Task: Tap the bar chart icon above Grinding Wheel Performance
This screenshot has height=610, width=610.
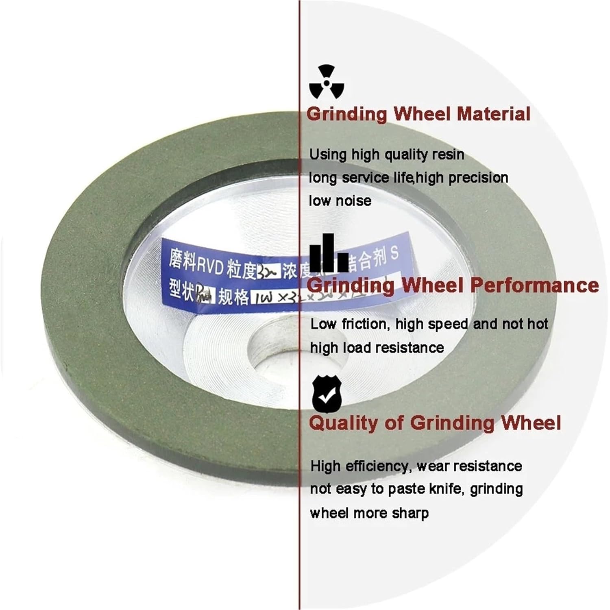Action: click(329, 253)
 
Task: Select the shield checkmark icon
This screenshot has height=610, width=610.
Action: click(327, 394)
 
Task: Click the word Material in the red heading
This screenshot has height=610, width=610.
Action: click(494, 114)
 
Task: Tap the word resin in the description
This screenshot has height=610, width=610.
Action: click(447, 155)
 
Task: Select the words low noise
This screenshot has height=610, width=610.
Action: click(340, 201)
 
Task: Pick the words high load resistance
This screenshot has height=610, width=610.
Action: click(377, 348)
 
